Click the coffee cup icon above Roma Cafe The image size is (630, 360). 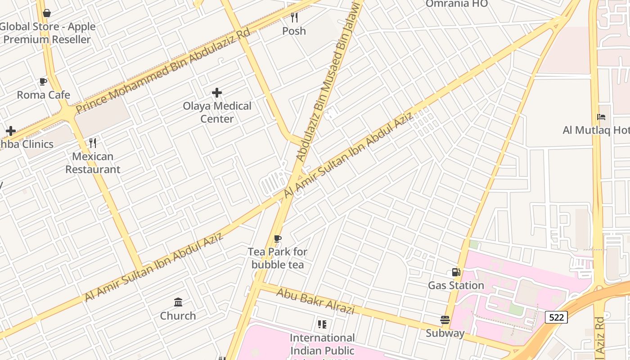43,81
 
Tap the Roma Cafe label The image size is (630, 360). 44,95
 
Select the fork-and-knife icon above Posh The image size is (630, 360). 294,18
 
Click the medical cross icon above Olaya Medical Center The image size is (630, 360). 217,93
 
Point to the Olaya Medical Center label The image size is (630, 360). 217,112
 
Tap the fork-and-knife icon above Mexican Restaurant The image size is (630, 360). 93,143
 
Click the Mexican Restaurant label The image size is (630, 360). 93,163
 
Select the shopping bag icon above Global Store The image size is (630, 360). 47,13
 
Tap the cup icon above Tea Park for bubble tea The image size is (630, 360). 278,238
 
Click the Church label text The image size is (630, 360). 178,316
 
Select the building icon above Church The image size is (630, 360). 178,302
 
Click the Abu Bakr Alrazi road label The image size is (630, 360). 315,301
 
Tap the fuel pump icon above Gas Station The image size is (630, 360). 456,272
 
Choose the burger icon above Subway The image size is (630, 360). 445,320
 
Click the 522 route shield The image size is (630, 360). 556,317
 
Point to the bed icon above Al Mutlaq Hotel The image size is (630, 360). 601,117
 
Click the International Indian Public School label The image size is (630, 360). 322,344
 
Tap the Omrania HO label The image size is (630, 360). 456,4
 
